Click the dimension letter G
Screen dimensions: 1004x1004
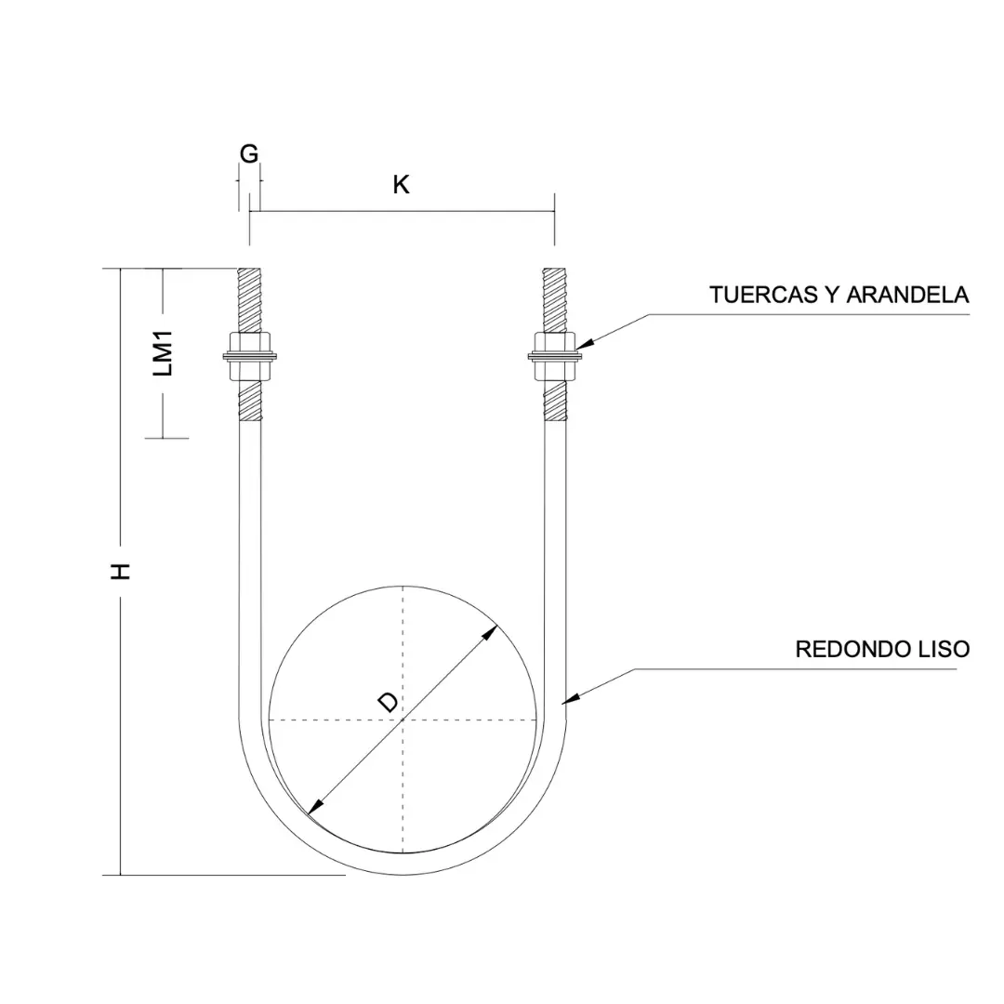tap(249, 154)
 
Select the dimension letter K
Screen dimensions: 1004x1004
tap(401, 185)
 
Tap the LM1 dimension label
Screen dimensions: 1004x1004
tap(165, 354)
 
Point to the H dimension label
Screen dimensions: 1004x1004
tap(121, 571)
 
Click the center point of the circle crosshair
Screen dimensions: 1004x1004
tap(403, 719)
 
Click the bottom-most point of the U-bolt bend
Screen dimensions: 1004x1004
tap(403, 874)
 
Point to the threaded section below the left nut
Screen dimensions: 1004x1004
tap(250, 403)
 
